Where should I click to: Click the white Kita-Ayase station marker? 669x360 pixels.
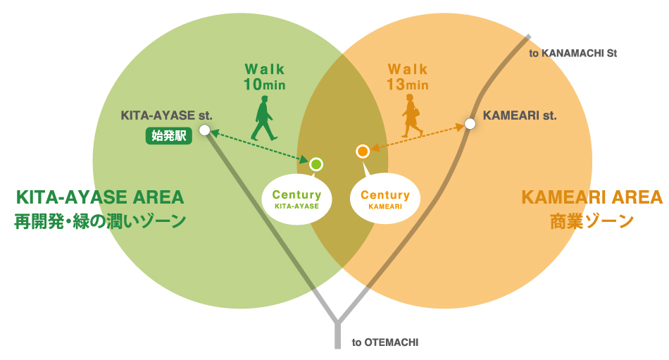coord(204,130)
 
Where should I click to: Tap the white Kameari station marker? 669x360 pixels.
coord(470,124)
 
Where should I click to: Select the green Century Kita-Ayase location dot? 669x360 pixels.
coord(316,164)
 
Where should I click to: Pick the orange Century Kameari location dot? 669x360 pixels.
coord(363,151)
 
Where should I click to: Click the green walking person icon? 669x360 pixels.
coord(263,118)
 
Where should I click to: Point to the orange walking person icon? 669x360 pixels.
coord(411,116)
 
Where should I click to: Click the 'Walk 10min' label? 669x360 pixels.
coord(265,77)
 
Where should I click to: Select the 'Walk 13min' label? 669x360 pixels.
coord(408,77)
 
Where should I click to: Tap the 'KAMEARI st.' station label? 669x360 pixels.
coord(520,116)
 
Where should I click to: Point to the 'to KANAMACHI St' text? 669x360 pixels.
coord(573,53)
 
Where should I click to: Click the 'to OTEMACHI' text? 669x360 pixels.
coord(385,342)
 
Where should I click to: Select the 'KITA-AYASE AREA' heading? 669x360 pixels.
coord(99,197)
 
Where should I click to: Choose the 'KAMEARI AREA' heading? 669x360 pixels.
coord(592,197)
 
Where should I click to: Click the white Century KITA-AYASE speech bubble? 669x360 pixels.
coord(296,199)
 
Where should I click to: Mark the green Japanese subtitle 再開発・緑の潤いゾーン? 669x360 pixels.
coord(100,221)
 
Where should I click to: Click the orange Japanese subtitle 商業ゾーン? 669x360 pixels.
coord(592,221)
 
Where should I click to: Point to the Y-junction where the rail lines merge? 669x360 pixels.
coord(338,323)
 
